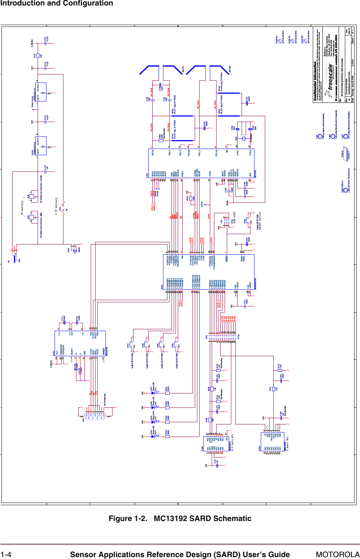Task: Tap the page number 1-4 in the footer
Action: click(6, 555)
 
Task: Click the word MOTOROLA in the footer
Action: click(337, 555)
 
